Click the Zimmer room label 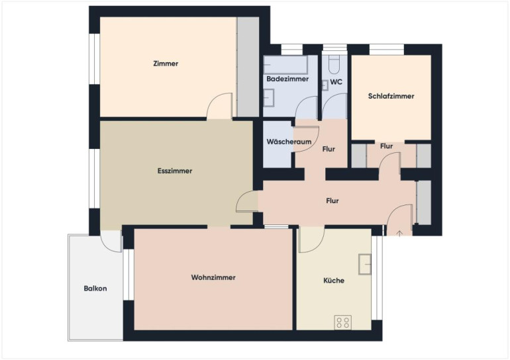click(166, 64)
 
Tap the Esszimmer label click(175, 171)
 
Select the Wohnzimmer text click(213, 277)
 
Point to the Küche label click(334, 281)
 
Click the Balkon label click(95, 289)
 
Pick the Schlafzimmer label click(391, 96)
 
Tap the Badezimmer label click(287, 79)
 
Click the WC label click(336, 82)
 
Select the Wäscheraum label click(289, 142)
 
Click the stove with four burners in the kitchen click(343, 322)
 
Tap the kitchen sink click(364, 264)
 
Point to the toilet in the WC click(334, 64)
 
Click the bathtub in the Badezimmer click(285, 65)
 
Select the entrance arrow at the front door click(400, 234)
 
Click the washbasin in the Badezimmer click(269, 98)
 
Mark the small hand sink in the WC click(325, 85)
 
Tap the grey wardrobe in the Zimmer click(248, 67)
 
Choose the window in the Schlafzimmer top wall click(387, 50)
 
